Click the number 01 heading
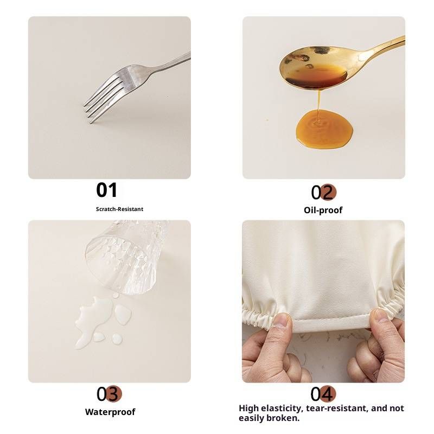point(106,190)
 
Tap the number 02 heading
point(323,192)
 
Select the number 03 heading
point(109,394)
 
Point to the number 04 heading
point(323,394)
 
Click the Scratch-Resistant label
point(119,209)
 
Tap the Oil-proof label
point(323,210)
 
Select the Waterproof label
point(110,412)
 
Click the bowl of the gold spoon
point(314,68)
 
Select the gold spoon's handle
point(382,47)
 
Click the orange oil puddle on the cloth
point(324,129)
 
